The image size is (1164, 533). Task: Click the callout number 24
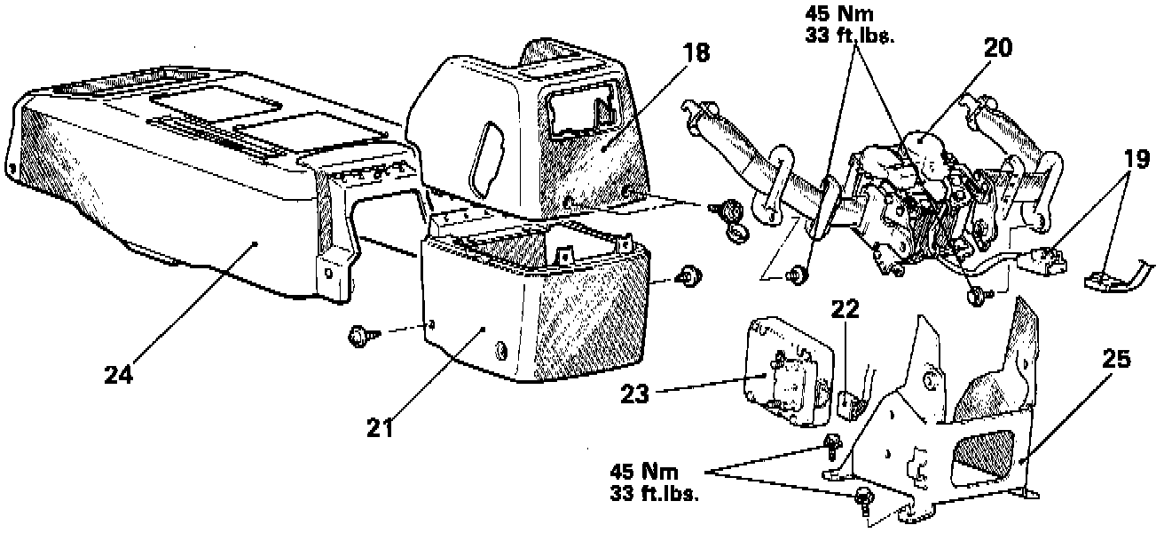coord(119,374)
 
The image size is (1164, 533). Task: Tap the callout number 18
coord(696,52)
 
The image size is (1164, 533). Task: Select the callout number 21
coord(381,428)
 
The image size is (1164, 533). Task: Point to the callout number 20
coord(998,48)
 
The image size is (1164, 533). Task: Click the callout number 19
coord(1136,159)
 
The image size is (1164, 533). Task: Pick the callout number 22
coord(845,309)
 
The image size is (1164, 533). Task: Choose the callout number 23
coord(635,394)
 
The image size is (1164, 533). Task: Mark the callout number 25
coord(1116,359)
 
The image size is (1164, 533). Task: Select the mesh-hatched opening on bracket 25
coord(981,455)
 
